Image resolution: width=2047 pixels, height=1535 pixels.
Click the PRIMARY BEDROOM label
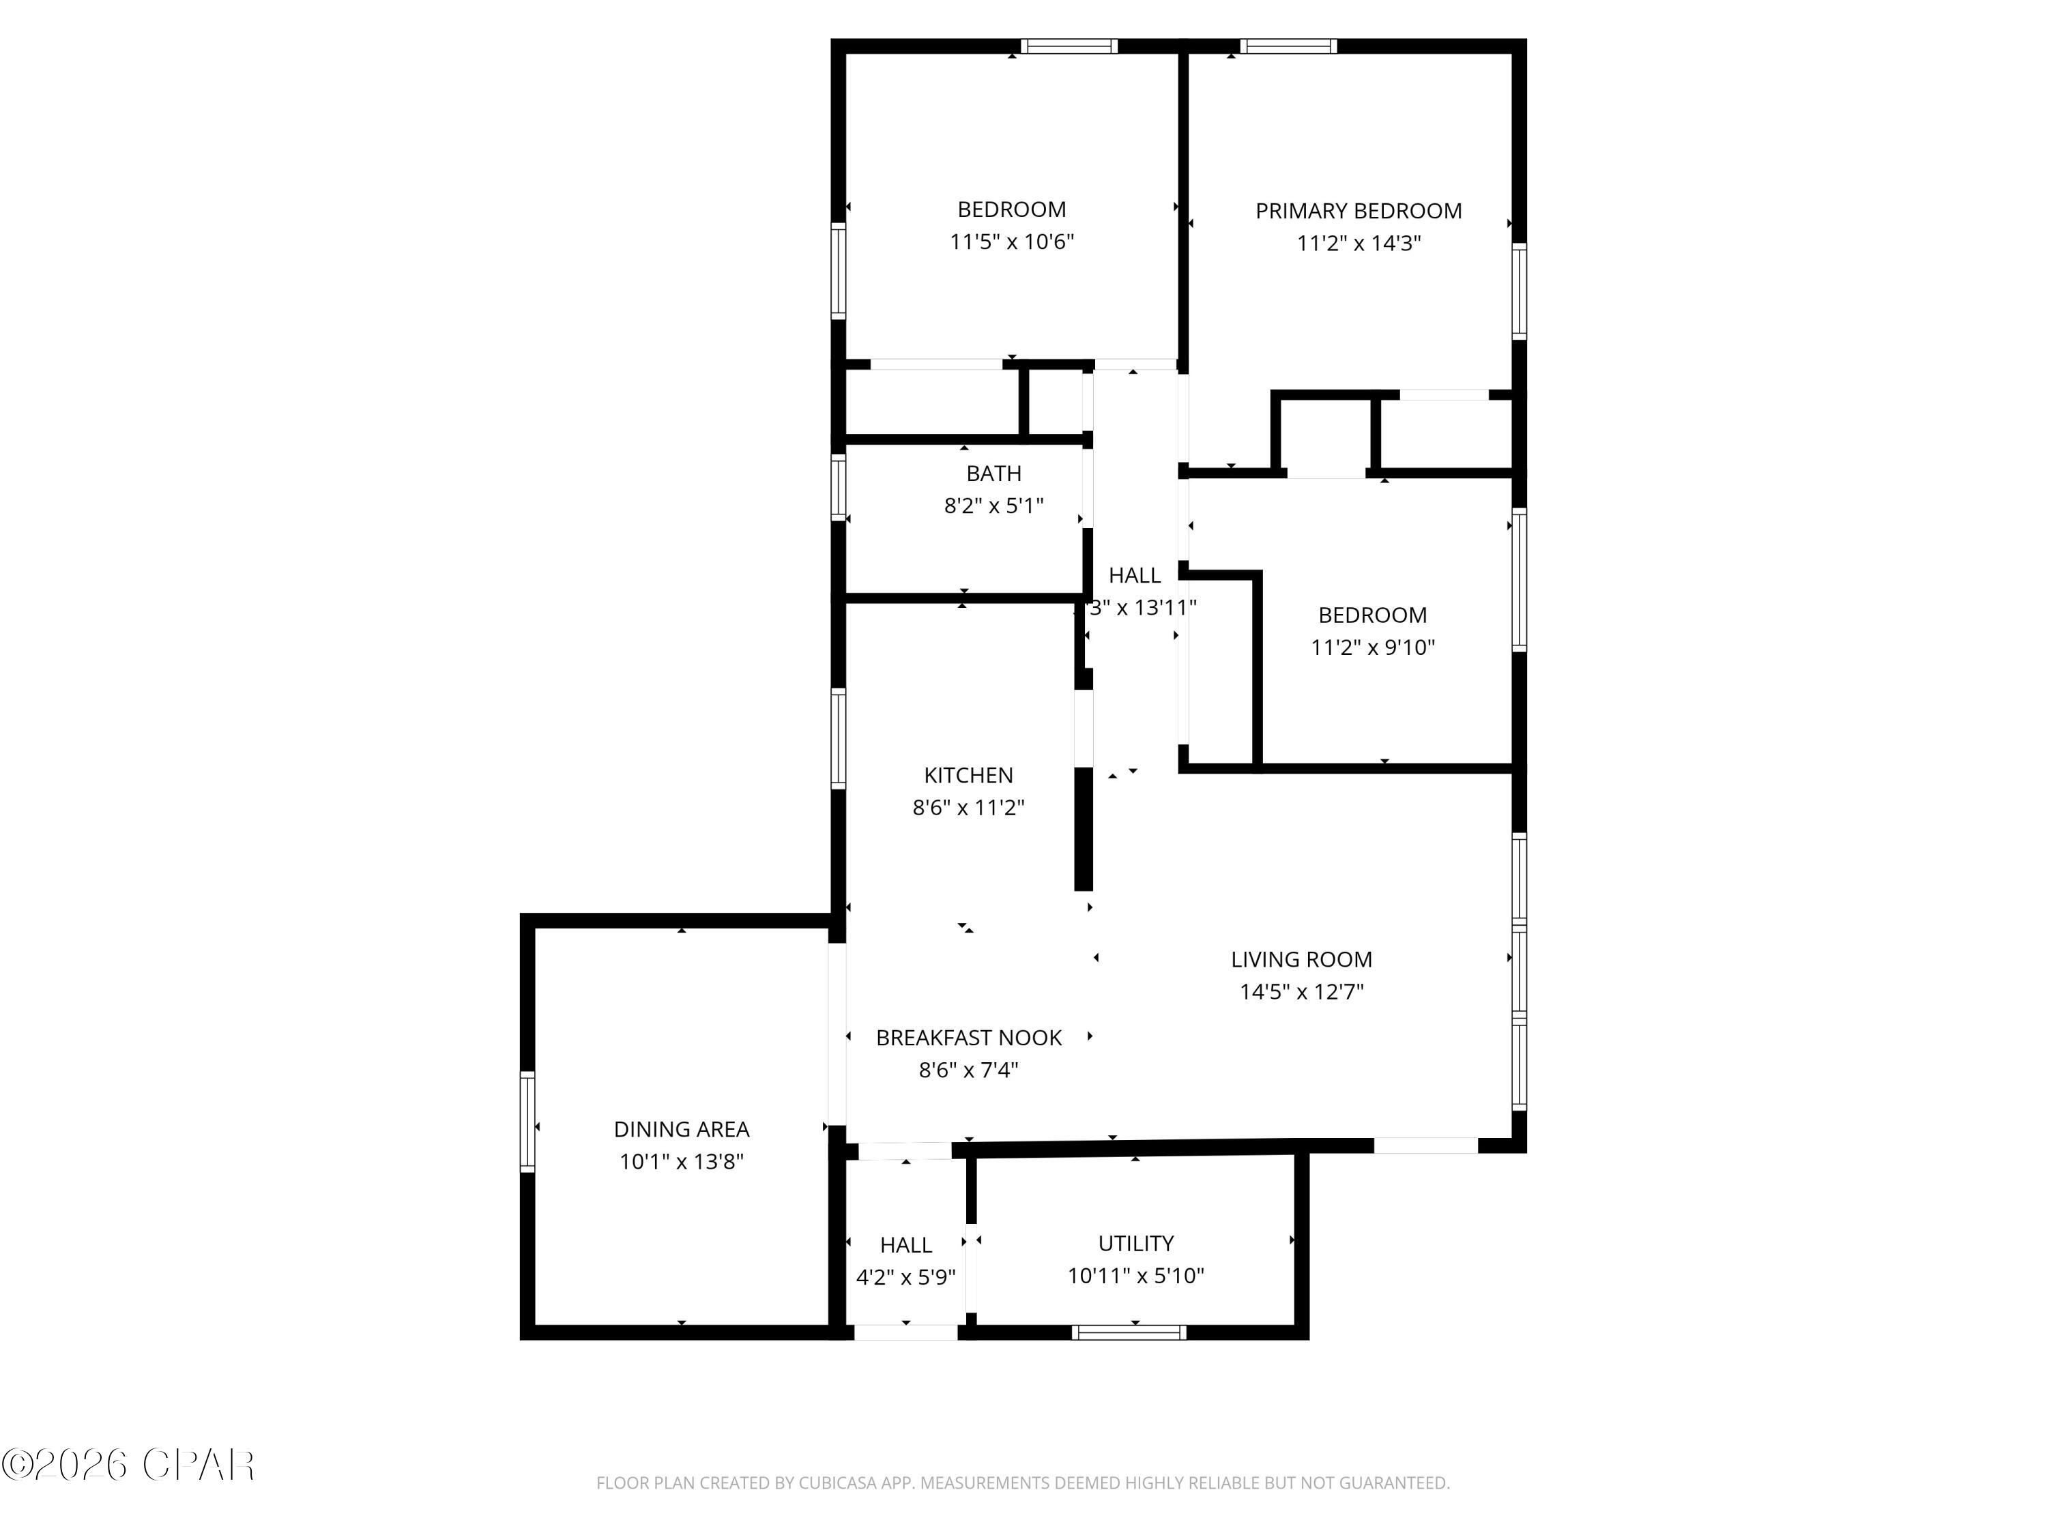tap(1358, 211)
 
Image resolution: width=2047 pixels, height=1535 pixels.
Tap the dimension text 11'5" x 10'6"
tap(1011, 242)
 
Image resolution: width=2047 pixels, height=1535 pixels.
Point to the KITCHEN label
tap(968, 776)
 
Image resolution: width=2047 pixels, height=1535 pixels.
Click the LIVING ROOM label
tap(1301, 959)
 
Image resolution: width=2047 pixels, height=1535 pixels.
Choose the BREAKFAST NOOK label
tap(968, 1038)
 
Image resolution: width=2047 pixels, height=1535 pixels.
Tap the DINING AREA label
tap(681, 1130)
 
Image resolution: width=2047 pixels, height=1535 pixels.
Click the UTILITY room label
tap(1135, 1244)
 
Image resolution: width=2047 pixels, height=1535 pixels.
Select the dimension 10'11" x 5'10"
tap(1135, 1276)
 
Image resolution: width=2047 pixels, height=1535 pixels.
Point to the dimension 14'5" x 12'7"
tap(1301, 992)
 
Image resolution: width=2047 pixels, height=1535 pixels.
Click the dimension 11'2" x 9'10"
tap(1372, 647)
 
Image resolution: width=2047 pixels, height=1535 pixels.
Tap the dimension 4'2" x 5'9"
tap(905, 1278)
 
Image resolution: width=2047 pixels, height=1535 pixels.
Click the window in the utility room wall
tap(1129, 1332)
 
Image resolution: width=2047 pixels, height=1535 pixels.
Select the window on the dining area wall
tap(527, 1122)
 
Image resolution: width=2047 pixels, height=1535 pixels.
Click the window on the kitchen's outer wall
tap(839, 738)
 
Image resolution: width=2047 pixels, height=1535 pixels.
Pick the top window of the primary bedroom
tap(1288, 46)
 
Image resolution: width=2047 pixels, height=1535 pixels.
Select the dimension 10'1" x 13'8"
tap(681, 1162)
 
